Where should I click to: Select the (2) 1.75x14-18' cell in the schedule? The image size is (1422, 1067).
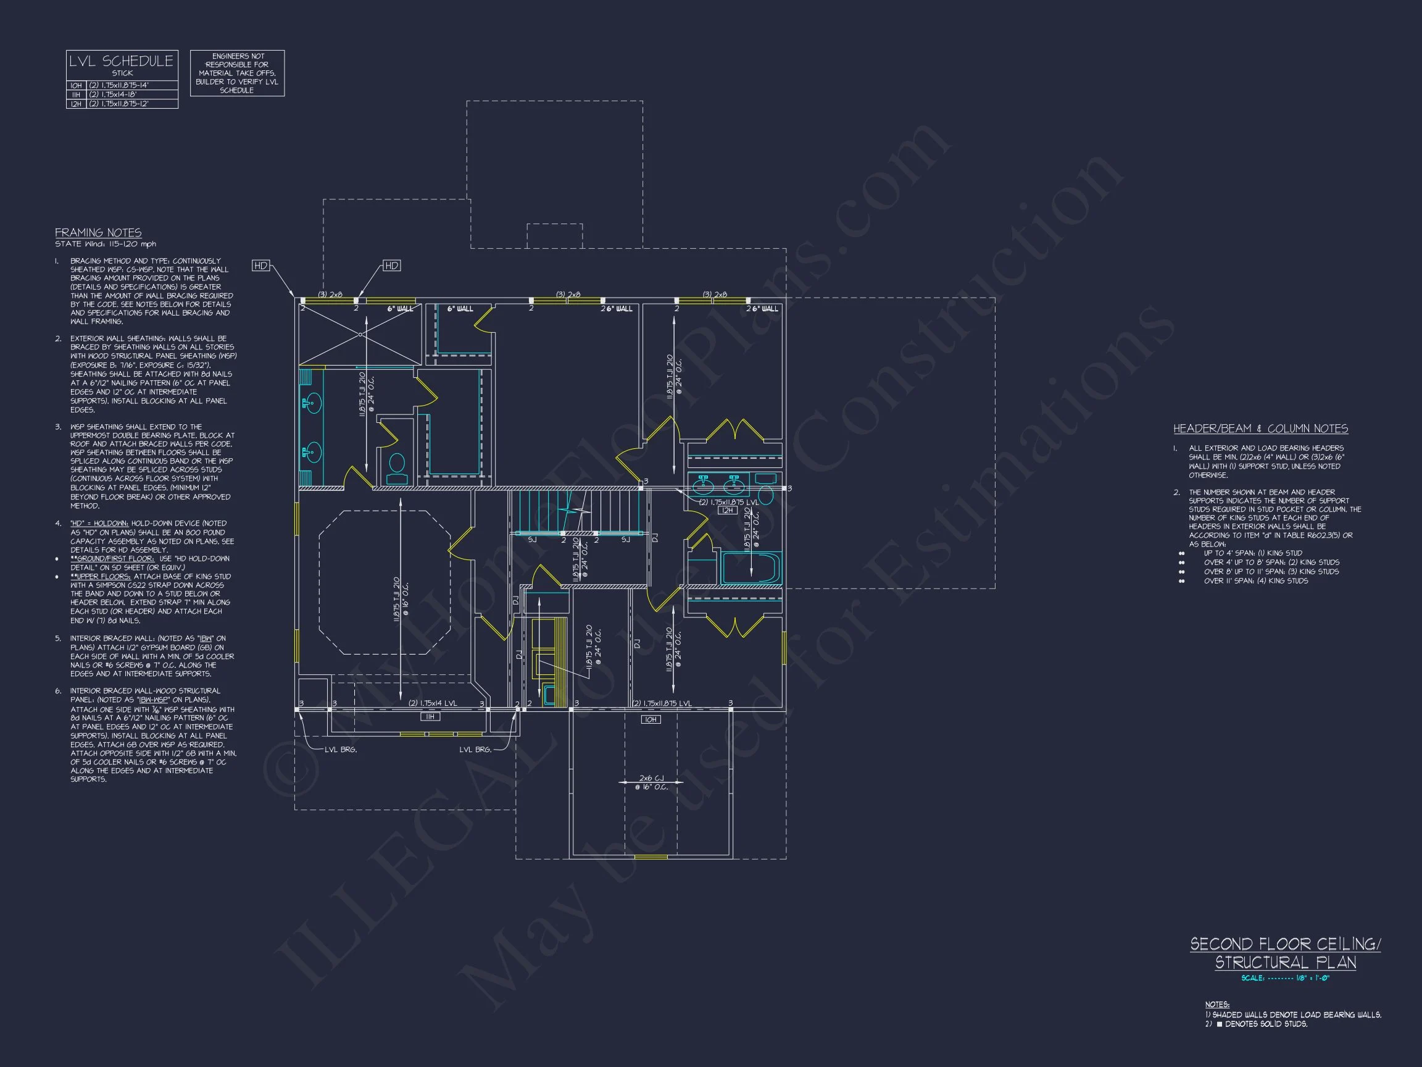point(113,94)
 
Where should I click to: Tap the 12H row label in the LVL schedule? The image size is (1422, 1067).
point(76,104)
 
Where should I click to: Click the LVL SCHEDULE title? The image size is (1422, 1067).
point(122,61)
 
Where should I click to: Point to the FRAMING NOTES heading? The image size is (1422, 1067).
point(98,233)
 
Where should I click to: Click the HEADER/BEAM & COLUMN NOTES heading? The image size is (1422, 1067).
point(1261,429)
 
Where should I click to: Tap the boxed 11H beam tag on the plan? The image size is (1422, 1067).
point(430,716)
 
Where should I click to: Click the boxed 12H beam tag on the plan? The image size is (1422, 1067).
point(727,510)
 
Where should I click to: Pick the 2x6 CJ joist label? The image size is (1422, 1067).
point(652,778)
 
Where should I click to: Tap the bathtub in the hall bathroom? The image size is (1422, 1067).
point(750,568)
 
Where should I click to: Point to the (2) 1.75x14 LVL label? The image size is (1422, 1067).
point(433,703)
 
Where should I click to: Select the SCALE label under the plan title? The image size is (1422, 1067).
point(1253,978)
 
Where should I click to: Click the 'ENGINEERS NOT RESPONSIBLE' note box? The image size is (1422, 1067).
point(237,73)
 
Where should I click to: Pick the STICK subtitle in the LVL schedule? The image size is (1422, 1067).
point(122,73)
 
